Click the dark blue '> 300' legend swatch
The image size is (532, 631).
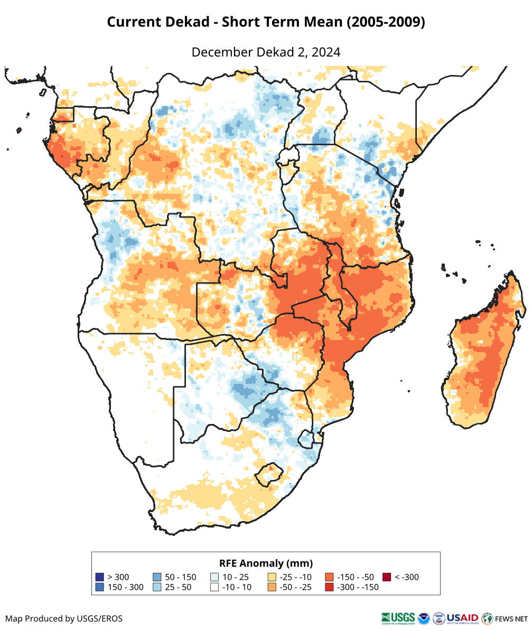pos(100,577)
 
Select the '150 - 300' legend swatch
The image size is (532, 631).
pos(100,587)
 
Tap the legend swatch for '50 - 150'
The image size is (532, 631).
pos(157,577)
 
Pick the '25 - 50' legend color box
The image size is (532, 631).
pos(157,587)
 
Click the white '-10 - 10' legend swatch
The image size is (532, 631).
pos(214,587)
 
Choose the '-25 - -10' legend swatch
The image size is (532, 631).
pos(272,577)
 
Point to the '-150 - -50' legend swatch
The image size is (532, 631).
pos(329,577)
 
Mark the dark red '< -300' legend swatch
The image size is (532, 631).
pos(387,577)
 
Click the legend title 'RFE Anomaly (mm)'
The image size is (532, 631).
pos(266,562)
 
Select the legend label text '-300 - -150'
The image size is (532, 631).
pos(357,587)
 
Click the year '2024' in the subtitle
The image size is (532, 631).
pos(326,52)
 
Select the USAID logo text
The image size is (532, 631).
pos(463,618)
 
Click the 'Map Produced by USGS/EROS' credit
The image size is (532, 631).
pos(64,618)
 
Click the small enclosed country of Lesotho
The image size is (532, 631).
pos(267,474)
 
